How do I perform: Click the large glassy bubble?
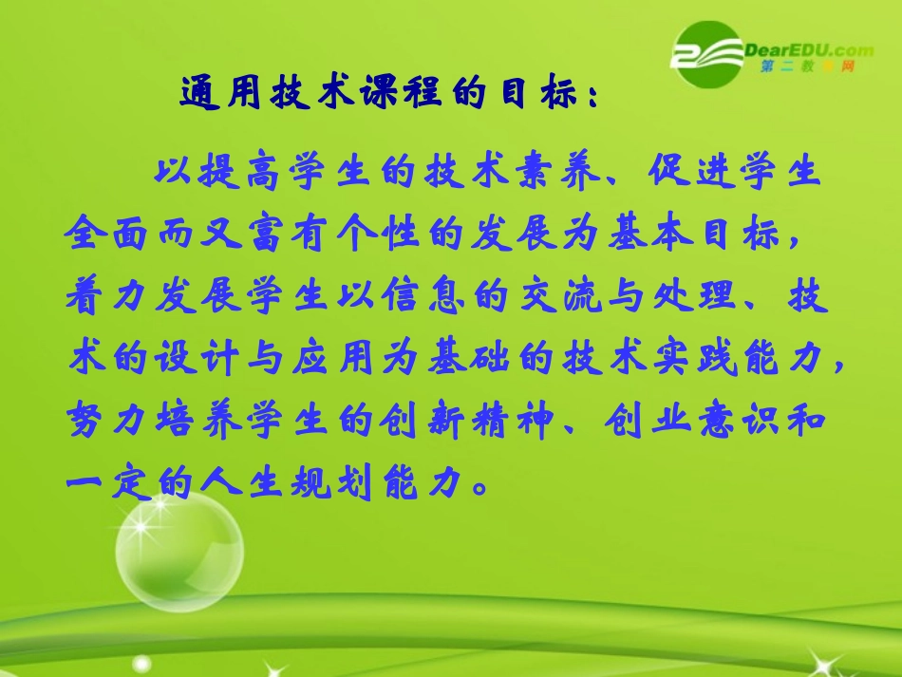pos(179,554)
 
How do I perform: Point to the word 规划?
pos(316,481)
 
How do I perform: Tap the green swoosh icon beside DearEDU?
pos(704,55)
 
